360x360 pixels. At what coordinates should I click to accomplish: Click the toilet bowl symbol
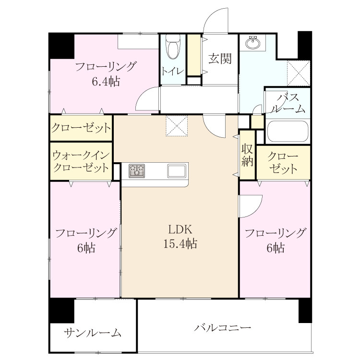[173, 47]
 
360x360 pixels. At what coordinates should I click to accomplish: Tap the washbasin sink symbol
[253, 43]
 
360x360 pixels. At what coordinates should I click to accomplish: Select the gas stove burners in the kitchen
[137, 171]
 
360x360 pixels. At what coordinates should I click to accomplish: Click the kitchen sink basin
[176, 171]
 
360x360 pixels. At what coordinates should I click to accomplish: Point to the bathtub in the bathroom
[288, 132]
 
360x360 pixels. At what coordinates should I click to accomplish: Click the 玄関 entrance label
[220, 59]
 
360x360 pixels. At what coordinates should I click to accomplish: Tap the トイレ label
[173, 71]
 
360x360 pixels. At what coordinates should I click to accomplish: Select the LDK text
[180, 229]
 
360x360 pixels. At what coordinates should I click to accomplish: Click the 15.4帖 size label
[180, 243]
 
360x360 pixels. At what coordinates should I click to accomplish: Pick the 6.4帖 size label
[106, 81]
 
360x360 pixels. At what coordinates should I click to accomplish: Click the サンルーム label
[93, 333]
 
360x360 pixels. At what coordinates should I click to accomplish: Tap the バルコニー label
[222, 327]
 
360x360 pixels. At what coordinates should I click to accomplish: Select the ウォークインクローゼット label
[81, 162]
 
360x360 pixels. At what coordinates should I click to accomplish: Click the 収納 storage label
[247, 156]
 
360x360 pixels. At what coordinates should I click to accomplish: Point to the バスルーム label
[288, 103]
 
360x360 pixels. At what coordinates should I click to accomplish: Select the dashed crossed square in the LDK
[177, 126]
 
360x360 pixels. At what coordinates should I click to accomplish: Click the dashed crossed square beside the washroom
[299, 73]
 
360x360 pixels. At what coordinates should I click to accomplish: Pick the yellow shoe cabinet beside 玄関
[194, 55]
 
